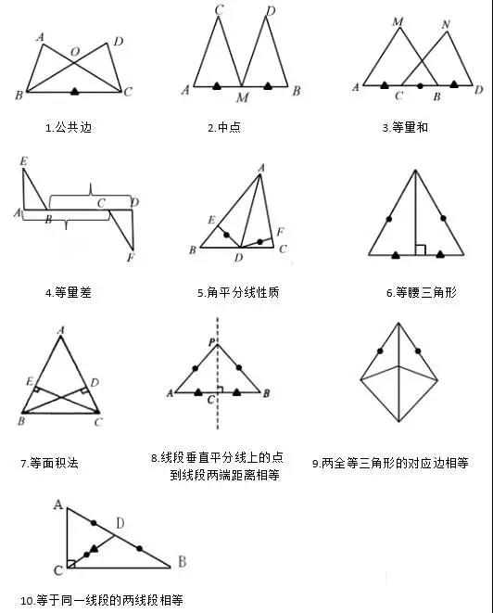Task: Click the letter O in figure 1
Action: [x=75, y=52]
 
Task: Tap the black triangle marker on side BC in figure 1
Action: [x=75, y=92]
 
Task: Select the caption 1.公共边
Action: [x=69, y=127]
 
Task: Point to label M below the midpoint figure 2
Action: [x=242, y=97]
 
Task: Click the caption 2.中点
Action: [x=224, y=127]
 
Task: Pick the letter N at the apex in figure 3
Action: [x=446, y=25]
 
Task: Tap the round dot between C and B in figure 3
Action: [x=420, y=85]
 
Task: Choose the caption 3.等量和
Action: [x=405, y=127]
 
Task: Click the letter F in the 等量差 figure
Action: [x=131, y=257]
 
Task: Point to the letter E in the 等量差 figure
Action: [x=24, y=161]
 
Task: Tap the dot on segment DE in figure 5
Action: [x=227, y=235]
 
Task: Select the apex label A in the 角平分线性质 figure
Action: [x=261, y=168]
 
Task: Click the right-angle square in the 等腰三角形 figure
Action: [x=421, y=249]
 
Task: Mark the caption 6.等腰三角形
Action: [x=422, y=292]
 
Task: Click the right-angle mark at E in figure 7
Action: [x=36, y=390]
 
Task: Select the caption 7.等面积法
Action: [x=50, y=464]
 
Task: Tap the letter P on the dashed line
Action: [x=211, y=343]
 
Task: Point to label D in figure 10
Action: [x=120, y=523]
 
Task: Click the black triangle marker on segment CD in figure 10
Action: [x=94, y=549]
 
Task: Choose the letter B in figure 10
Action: [x=182, y=562]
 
